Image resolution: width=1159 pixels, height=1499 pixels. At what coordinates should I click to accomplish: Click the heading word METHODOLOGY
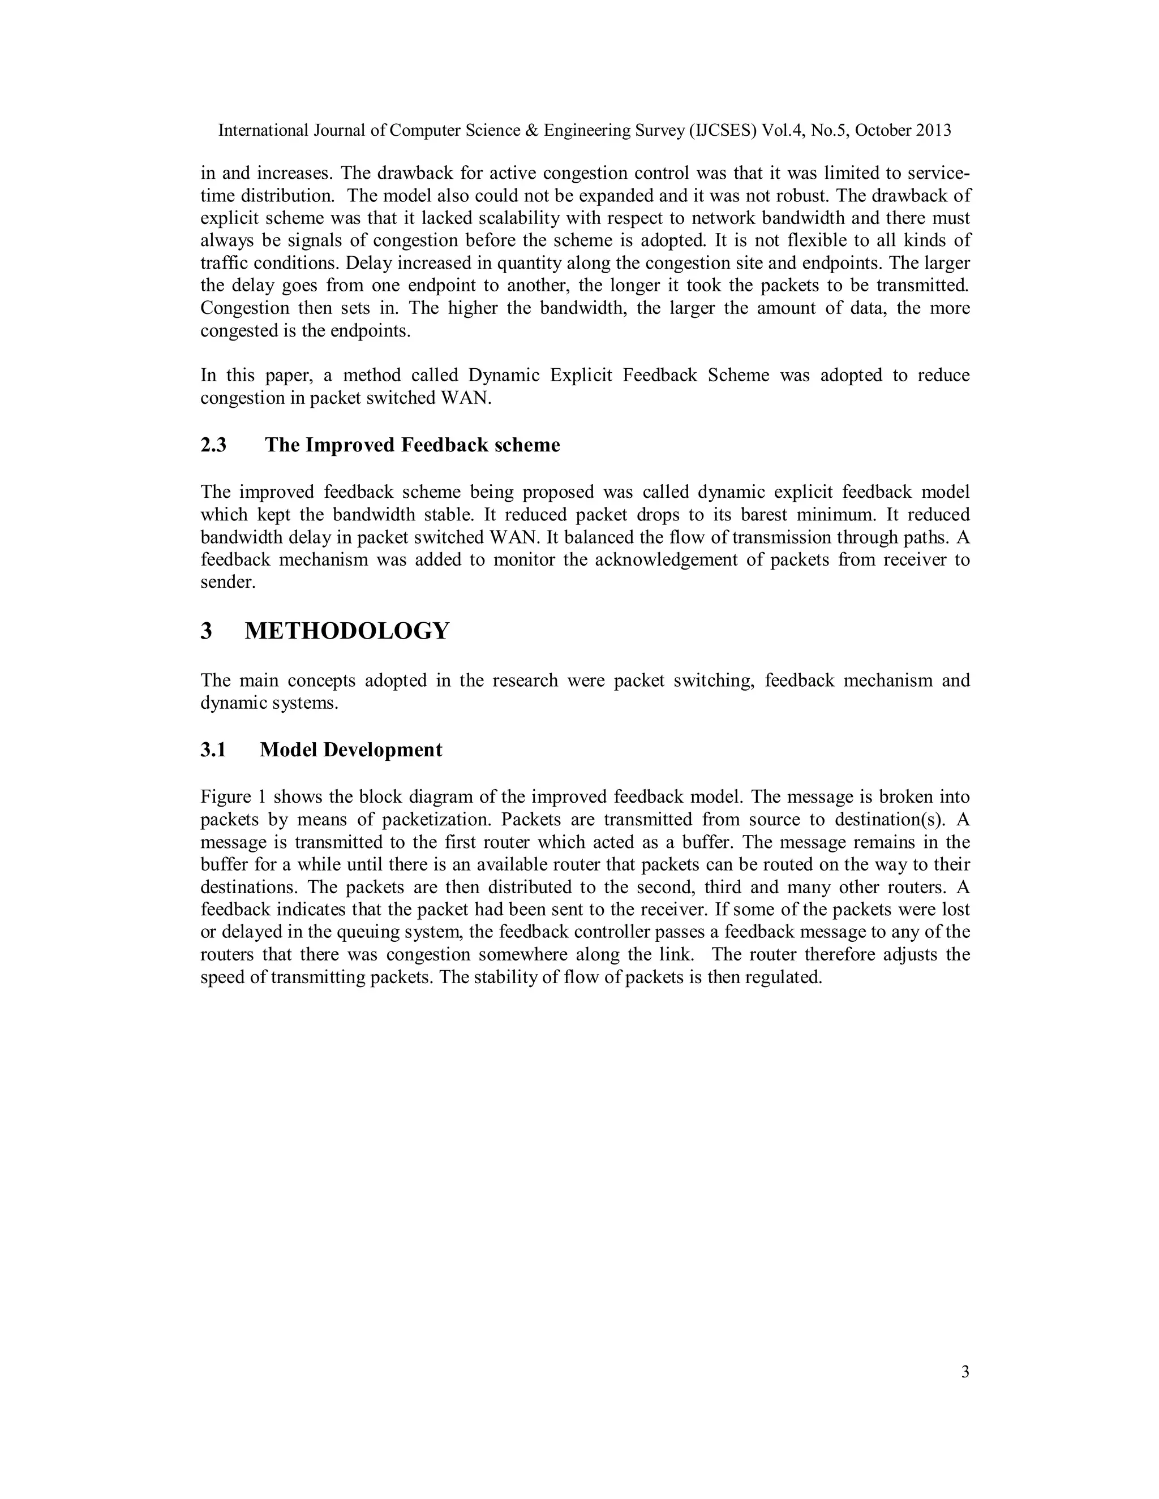pos(347,631)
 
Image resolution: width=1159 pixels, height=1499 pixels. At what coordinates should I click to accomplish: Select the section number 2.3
pos(213,445)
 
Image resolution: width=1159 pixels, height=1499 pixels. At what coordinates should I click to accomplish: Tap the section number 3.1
pos(213,750)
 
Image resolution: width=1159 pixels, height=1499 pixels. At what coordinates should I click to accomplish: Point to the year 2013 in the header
pos(933,131)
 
